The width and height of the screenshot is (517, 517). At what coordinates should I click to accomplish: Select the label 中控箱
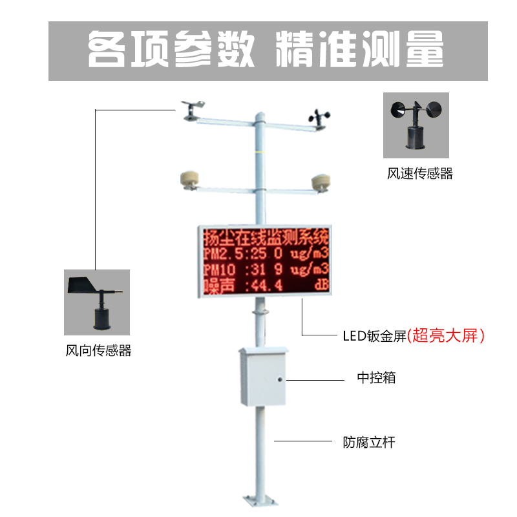coord(376,377)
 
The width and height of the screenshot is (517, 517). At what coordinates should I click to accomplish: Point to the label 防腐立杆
coord(368,443)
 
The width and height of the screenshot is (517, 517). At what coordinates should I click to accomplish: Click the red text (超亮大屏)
coord(446,335)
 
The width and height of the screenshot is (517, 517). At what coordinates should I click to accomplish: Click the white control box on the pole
coord(262,376)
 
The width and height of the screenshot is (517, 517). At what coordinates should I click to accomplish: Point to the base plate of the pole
coord(259,500)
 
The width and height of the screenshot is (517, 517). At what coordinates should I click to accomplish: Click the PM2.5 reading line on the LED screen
coord(266,251)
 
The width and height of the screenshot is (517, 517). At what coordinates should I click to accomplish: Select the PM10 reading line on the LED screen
coord(266,268)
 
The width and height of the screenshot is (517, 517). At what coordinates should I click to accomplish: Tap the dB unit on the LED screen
coord(321,285)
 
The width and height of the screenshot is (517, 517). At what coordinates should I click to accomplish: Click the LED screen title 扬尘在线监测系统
coord(266,235)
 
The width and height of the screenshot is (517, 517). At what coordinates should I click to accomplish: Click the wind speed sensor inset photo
coord(416,125)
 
